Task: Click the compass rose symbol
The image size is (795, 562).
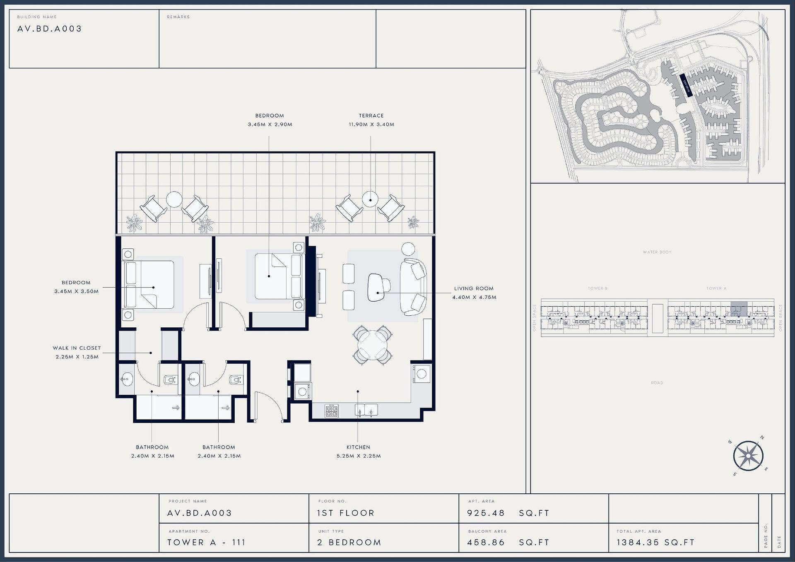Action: pos(748,456)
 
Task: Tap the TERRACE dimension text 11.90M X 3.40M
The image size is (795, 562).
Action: pos(371,124)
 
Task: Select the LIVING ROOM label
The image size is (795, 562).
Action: pos(474,288)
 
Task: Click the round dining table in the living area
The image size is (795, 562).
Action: pos(373,346)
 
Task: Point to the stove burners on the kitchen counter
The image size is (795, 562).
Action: pos(331,411)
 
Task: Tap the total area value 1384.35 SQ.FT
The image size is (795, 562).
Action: pos(655,543)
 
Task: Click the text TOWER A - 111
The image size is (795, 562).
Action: pos(206,543)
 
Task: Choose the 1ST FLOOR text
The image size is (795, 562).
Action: pos(345,513)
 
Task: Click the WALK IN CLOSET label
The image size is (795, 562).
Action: pos(77,348)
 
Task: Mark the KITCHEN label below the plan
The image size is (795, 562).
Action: pos(358,447)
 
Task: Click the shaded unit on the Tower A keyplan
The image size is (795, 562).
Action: pos(739,309)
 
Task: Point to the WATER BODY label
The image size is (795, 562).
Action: pos(657,252)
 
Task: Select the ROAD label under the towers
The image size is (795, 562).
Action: pos(657,383)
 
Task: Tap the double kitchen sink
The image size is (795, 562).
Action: pos(366,410)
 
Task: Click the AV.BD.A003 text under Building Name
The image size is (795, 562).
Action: pos(50,29)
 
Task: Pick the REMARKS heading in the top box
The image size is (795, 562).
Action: pos(178,17)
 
